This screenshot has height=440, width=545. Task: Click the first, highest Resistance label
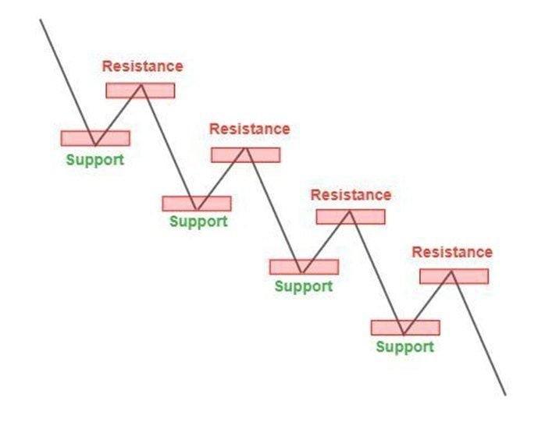coord(142,66)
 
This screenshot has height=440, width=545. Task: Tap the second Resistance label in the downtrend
coord(249,129)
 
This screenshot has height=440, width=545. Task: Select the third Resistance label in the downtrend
coord(351,194)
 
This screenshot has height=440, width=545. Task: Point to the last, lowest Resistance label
coord(452,252)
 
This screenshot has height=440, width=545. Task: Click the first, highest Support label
coord(94,160)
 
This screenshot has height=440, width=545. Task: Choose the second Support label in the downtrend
coord(198,221)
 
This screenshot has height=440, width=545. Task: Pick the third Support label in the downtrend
coord(303,286)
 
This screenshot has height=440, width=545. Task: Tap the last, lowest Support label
coord(404,346)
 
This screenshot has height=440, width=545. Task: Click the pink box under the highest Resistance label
coord(141,90)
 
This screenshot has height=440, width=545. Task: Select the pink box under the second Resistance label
coord(245,154)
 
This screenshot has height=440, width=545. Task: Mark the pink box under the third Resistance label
coord(351,217)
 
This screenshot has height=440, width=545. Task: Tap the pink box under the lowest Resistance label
coord(454,276)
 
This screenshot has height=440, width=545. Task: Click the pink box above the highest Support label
coord(95,138)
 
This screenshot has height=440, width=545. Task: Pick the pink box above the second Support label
coord(197,204)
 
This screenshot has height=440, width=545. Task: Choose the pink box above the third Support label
coord(304,267)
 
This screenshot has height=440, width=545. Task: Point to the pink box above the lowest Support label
coord(405,328)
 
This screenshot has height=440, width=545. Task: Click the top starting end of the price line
coord(41,20)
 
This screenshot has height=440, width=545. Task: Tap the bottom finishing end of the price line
coord(505,395)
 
